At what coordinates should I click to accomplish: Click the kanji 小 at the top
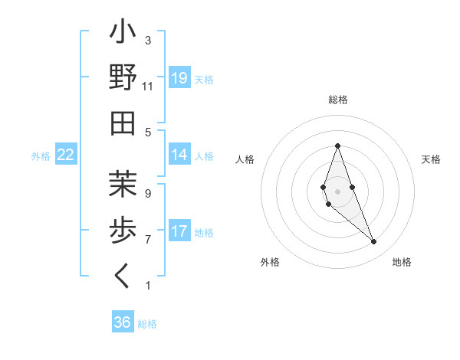123,34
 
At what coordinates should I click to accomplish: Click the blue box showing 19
179,78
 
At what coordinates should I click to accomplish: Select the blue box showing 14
179,155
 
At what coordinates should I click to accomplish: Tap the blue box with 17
179,231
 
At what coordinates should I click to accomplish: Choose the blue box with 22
66,155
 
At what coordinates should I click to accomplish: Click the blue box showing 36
122,322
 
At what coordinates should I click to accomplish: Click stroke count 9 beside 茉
148,193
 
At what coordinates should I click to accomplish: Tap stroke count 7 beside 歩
148,240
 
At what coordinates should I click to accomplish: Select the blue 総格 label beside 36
147,324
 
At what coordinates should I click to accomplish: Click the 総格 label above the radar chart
337,100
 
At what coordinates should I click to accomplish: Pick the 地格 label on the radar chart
402,262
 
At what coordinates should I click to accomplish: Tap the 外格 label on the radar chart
270,262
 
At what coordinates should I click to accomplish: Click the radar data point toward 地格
373,241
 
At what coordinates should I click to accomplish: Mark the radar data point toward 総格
337,146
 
